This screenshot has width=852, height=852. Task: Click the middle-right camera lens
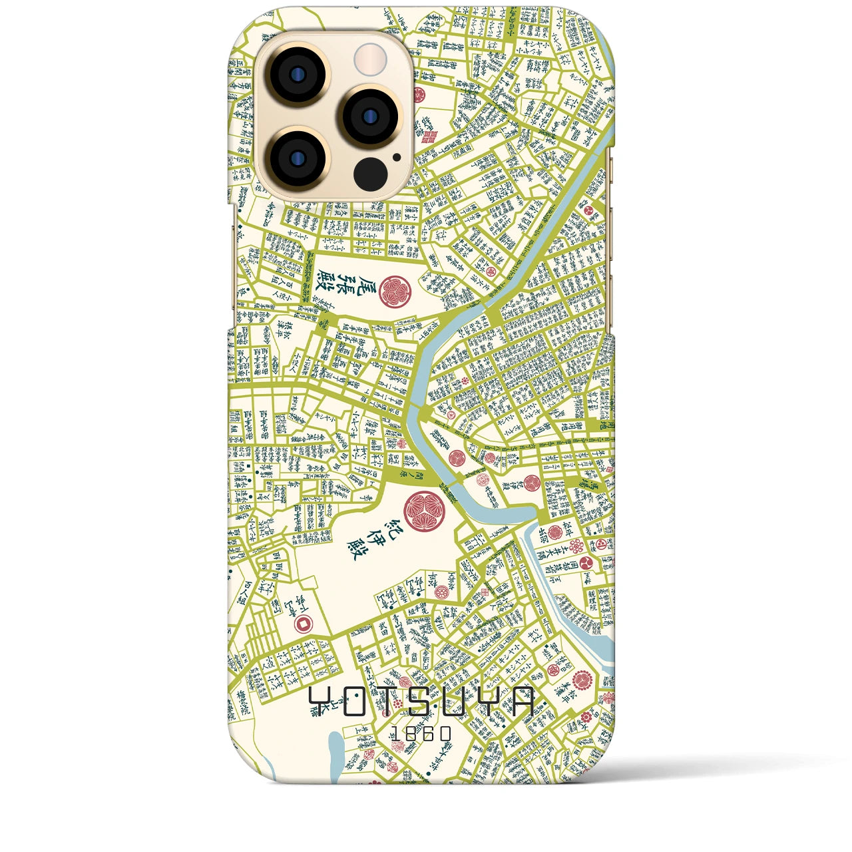point(370,116)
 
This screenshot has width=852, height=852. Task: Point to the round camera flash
point(370,59)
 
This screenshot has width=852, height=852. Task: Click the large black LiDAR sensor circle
point(370,174)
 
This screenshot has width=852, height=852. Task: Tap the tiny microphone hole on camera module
point(397,158)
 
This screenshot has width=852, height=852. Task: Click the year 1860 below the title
point(421,734)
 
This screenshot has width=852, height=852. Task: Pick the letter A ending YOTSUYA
point(521,702)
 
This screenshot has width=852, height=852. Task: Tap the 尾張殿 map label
point(327,291)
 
